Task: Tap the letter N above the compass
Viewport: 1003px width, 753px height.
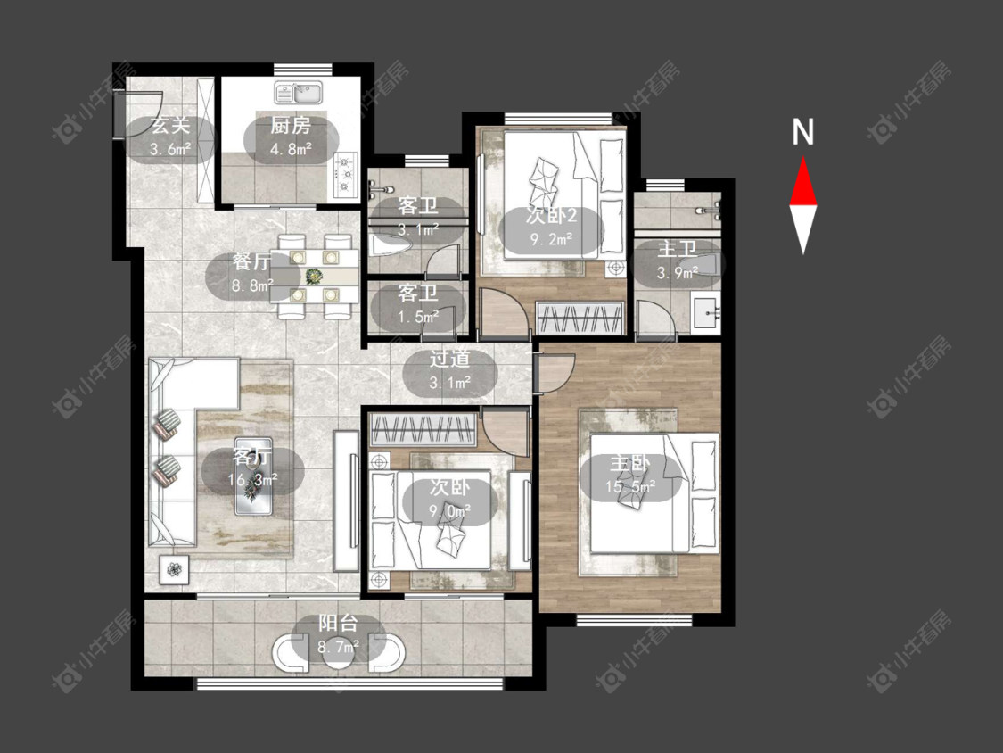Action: coord(802,132)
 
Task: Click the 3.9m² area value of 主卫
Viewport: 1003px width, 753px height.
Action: coord(677,273)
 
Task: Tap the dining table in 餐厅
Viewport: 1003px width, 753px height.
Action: coord(314,276)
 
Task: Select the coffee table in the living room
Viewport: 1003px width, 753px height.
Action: coord(253,476)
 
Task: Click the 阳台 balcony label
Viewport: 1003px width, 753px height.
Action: coord(338,623)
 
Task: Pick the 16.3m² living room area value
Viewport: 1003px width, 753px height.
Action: coord(252,480)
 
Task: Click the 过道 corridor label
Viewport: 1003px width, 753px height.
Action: coord(449,359)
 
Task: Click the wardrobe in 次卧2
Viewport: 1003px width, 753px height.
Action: coord(580,317)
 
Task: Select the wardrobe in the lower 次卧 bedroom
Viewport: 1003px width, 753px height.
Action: coord(423,429)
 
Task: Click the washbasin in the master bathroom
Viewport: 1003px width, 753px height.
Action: coord(706,313)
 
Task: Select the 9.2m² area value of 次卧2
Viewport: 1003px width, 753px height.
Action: coord(551,240)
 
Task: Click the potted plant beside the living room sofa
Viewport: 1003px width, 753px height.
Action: coord(175,569)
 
